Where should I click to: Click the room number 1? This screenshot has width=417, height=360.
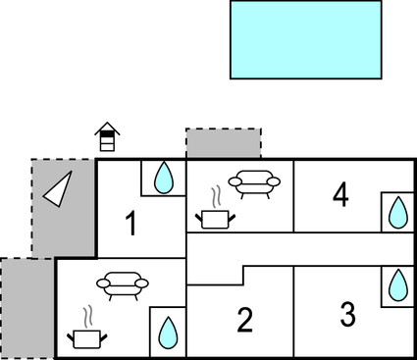click(131, 224)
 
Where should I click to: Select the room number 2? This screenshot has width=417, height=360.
click(245, 320)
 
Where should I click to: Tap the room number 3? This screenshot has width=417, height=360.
click(347, 315)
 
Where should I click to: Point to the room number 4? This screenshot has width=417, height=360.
click(340, 196)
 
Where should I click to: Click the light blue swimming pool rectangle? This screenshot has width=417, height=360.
click(305, 39)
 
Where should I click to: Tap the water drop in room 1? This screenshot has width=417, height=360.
click(165, 179)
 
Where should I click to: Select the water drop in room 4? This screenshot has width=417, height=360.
click(397, 212)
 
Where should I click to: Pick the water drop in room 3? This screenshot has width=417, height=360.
click(397, 285)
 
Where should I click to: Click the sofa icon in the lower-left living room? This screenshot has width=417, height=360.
click(123, 284)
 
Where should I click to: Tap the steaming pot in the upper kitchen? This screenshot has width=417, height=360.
click(214, 218)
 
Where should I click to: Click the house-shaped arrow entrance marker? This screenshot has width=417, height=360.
click(106, 137)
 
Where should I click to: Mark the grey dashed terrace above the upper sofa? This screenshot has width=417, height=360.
click(224, 143)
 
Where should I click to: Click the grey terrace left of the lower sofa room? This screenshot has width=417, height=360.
click(26, 308)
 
